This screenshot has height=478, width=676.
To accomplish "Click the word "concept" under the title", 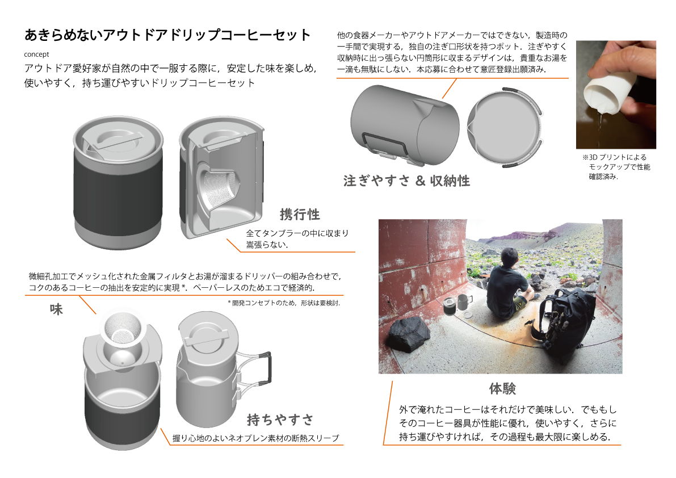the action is pyautogui.click(x=37, y=54).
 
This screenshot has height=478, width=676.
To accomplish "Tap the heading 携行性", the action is pyautogui.click(x=300, y=214).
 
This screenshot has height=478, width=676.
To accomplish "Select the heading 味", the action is pyautogui.click(x=56, y=309).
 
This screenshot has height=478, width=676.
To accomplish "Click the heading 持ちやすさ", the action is pyautogui.click(x=280, y=420).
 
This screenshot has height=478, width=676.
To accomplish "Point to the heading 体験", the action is pyautogui.click(x=502, y=388).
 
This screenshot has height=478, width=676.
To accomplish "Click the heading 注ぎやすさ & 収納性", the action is pyautogui.click(x=406, y=181).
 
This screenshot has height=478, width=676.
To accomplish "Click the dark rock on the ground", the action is pyautogui.click(x=409, y=334).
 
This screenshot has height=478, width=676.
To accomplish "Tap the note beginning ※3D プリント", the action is pyautogui.click(x=616, y=167).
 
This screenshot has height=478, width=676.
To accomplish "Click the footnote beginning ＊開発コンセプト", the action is pyautogui.click(x=284, y=303).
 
